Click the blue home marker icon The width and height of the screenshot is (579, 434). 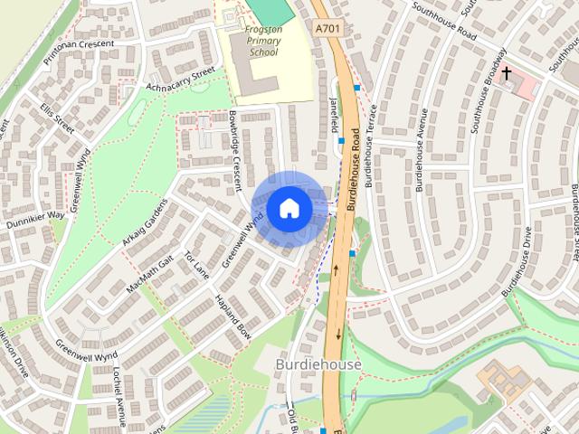[289, 209]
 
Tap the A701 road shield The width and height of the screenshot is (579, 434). [330, 30]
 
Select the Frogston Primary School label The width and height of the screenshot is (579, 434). [262, 40]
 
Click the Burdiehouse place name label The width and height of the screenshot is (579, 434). [318, 364]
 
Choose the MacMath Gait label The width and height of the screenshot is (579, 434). [149, 273]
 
